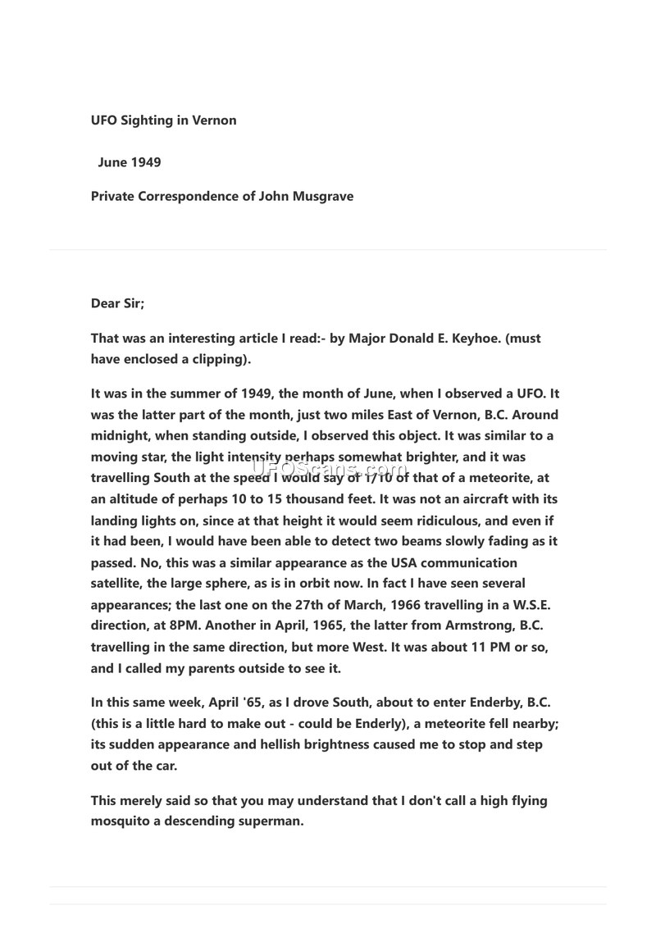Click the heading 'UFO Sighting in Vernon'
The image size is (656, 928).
pyautogui.click(x=163, y=121)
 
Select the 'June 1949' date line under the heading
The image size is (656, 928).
pyautogui.click(x=129, y=162)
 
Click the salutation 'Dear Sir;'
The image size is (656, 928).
pyautogui.click(x=117, y=303)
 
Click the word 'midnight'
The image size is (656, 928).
pyautogui.click(x=118, y=436)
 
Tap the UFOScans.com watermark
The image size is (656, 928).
pyautogui.click(x=327, y=470)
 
